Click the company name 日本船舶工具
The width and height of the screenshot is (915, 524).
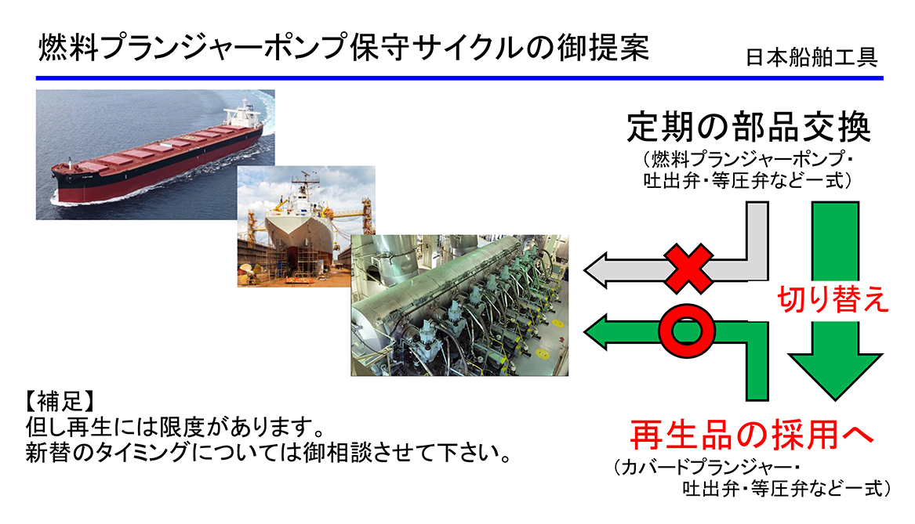(x=812, y=57)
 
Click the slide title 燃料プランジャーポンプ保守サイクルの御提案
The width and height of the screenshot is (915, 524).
(x=343, y=48)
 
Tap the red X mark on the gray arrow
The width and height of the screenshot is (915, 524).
(x=689, y=269)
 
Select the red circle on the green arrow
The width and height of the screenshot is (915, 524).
(x=687, y=331)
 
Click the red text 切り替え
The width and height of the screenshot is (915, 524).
(x=833, y=299)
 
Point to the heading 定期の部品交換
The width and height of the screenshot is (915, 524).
(x=750, y=127)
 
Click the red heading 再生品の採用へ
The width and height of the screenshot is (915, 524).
(x=752, y=435)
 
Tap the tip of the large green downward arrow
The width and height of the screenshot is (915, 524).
(x=835, y=399)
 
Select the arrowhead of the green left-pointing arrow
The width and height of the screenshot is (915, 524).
(x=596, y=331)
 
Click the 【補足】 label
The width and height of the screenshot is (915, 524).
(x=60, y=401)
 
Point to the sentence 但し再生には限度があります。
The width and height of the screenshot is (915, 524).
(x=175, y=427)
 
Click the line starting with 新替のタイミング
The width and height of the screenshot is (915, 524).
(x=268, y=453)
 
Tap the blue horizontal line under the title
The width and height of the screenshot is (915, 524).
(x=459, y=78)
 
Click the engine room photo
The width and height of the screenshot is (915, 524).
(x=459, y=305)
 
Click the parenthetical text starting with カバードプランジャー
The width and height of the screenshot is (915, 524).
(x=752, y=478)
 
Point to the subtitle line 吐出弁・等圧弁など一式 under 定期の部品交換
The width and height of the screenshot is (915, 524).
(x=748, y=181)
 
